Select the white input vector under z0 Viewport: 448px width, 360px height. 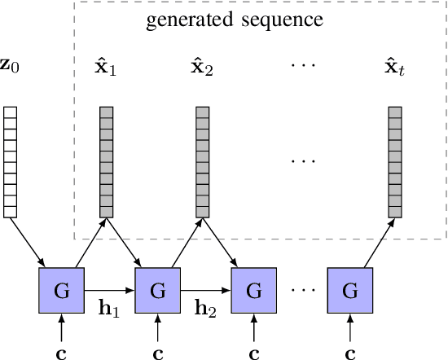[10, 162]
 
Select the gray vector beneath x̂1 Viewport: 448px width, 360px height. [106, 162]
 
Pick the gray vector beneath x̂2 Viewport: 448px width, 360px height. [203, 162]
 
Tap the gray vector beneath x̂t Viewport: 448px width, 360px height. [396, 162]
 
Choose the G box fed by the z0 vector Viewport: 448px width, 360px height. [61, 290]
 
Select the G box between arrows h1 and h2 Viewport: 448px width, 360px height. [157, 290]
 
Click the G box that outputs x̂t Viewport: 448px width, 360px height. [350, 290]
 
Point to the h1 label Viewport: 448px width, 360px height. [109, 310]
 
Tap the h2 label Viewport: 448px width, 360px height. [205, 310]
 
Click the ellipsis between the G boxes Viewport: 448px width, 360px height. [302, 290]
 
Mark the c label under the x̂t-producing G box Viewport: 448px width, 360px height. [350, 353]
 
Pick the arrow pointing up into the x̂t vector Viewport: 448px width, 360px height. [377, 243]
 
